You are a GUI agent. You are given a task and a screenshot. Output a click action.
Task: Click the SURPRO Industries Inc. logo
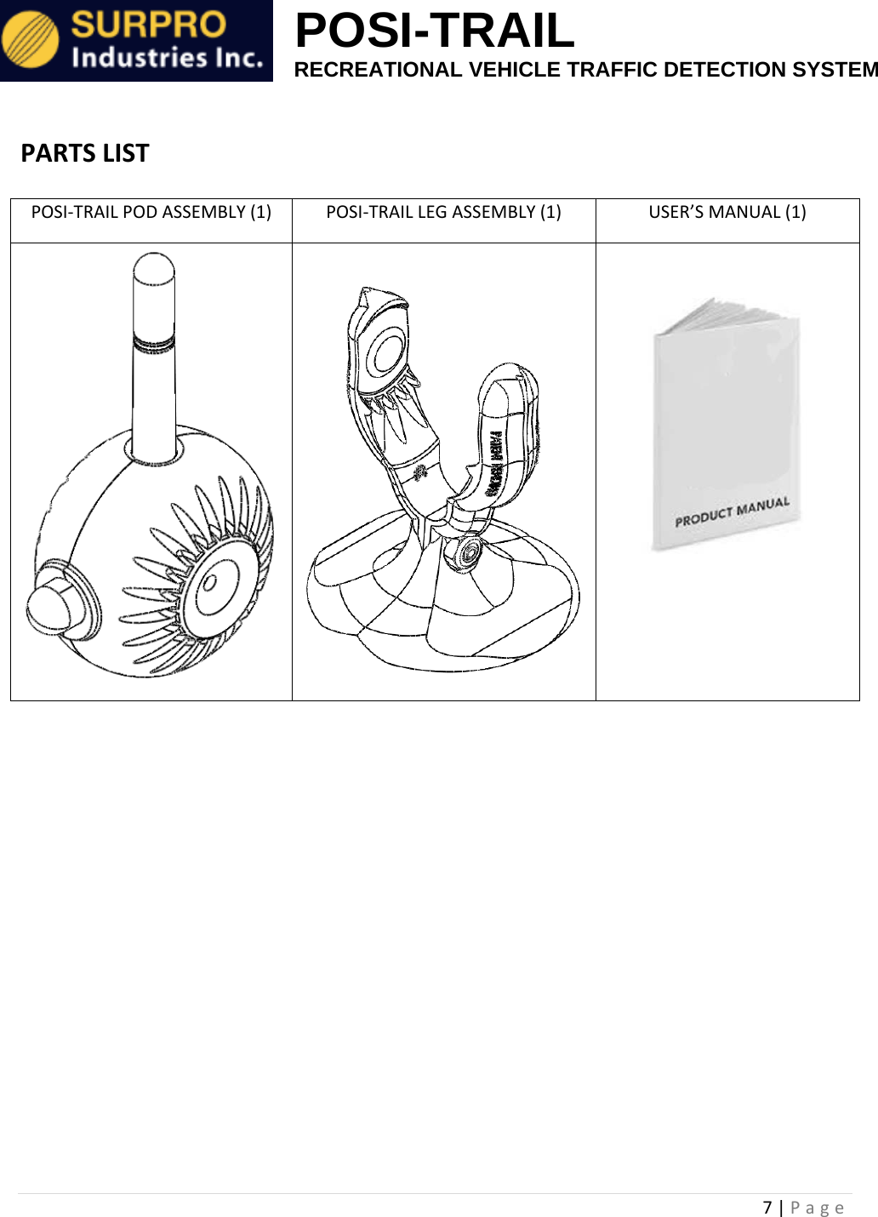pos(136,41)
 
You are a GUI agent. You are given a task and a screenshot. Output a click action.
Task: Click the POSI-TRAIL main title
pos(434,31)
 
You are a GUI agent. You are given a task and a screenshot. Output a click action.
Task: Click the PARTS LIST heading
pos(85,153)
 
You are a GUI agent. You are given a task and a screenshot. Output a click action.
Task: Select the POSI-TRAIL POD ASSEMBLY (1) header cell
pos(151,213)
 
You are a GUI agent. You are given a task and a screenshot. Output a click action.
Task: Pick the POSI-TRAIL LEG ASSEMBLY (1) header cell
pos(443,213)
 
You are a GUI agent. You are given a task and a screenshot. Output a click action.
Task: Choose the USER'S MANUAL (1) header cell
pos(727,213)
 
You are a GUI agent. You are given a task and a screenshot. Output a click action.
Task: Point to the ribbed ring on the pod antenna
pos(154,343)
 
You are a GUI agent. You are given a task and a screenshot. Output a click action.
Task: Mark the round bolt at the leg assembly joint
pos(466,553)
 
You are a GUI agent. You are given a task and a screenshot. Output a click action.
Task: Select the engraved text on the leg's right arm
pos(494,464)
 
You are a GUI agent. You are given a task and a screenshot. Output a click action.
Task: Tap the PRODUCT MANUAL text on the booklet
pos(732,512)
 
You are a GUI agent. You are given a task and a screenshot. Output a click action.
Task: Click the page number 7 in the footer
pos(767,1207)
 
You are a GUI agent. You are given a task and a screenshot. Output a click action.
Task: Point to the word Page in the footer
pos(817,1207)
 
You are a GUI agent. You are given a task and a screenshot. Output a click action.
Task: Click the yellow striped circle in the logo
pos(31,41)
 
